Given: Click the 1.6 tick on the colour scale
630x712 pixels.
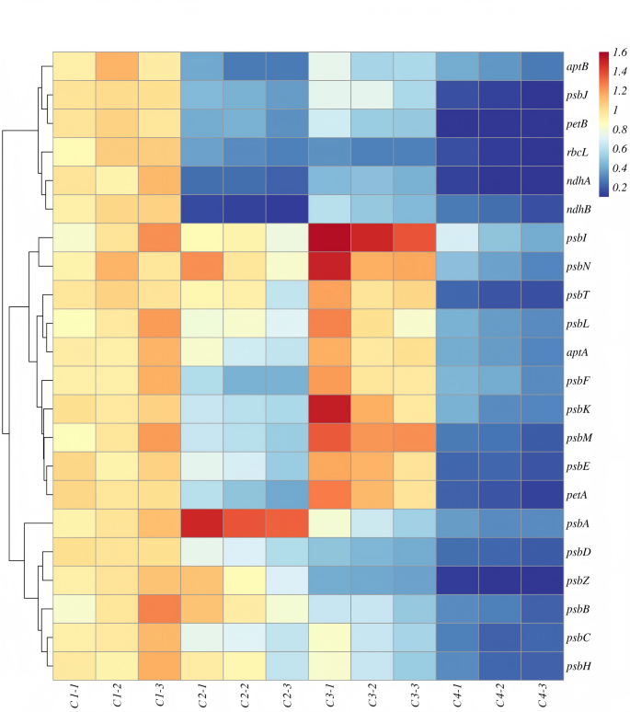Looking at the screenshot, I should pyautogui.click(x=618, y=52).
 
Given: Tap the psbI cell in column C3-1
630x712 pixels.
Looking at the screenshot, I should pyautogui.click(x=329, y=236).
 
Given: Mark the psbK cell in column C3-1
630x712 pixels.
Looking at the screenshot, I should pyautogui.click(x=329, y=408).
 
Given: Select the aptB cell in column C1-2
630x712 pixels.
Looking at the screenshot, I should pyautogui.click(x=116, y=65).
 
